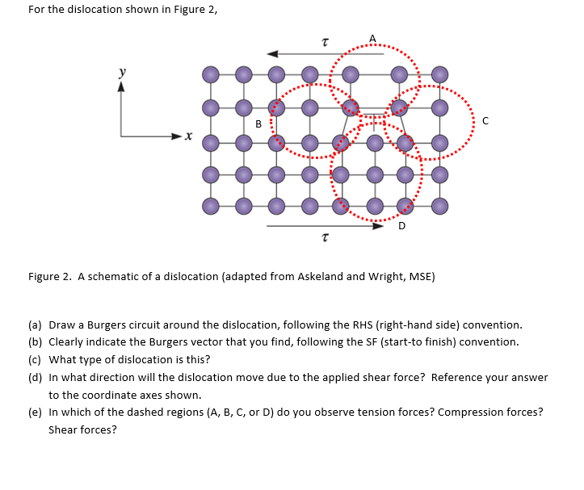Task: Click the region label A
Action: (x=372, y=38)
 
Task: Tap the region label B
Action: (x=258, y=124)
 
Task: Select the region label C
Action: (x=485, y=121)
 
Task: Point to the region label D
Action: (x=401, y=226)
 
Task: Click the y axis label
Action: (x=123, y=72)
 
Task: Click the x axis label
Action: (x=187, y=138)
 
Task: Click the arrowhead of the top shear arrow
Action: (x=272, y=53)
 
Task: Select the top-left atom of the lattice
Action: (x=210, y=75)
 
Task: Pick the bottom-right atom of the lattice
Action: (x=439, y=207)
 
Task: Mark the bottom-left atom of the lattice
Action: (x=210, y=207)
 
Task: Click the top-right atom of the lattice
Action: (x=439, y=75)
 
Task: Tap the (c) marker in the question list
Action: (x=36, y=359)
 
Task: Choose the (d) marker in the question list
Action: (x=36, y=377)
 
